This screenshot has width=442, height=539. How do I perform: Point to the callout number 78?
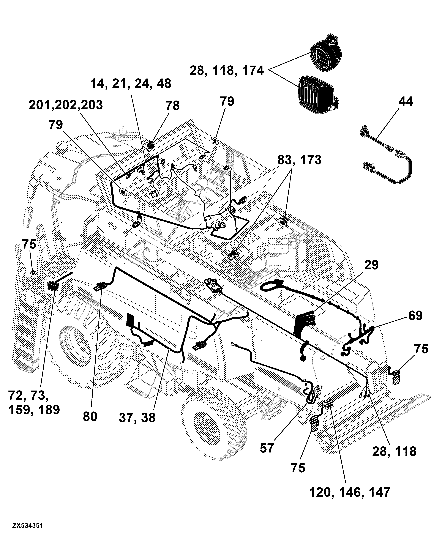pos(173,106)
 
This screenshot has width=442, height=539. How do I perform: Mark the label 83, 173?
pos(299,160)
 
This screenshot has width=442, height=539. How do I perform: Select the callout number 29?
pos(371,265)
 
